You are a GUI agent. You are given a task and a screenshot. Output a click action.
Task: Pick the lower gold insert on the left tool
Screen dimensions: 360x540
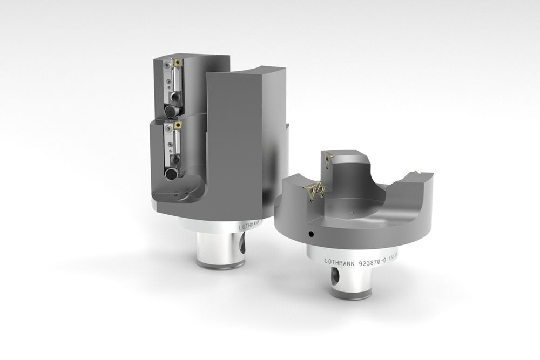[176, 126]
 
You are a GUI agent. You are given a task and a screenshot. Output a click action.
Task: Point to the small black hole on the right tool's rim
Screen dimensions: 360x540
[311, 234]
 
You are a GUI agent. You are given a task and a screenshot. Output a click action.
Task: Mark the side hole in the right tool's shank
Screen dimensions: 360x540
[335, 280]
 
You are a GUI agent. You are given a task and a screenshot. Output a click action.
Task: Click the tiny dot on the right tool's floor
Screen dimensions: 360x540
[352, 212]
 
